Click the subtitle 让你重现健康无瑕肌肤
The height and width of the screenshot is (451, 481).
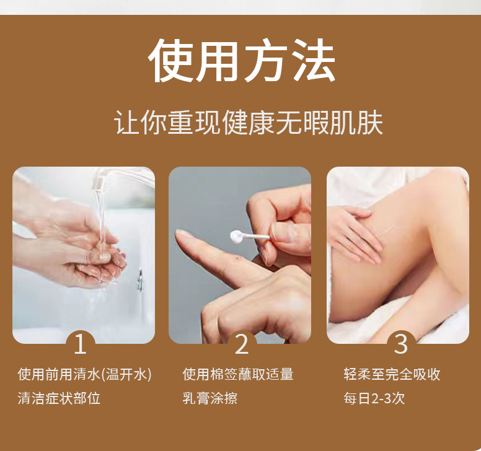[249, 123]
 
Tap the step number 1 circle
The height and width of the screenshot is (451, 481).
[80, 344]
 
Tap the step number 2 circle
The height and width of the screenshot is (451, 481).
[241, 344]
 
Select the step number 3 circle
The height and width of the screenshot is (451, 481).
[401, 344]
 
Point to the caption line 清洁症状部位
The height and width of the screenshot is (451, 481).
[59, 398]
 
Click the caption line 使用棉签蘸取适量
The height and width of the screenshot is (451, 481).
[237, 374]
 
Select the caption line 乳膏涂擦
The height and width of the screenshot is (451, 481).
[210, 398]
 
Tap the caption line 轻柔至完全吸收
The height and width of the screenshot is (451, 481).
[392, 374]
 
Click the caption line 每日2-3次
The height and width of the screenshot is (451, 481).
[374, 398]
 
